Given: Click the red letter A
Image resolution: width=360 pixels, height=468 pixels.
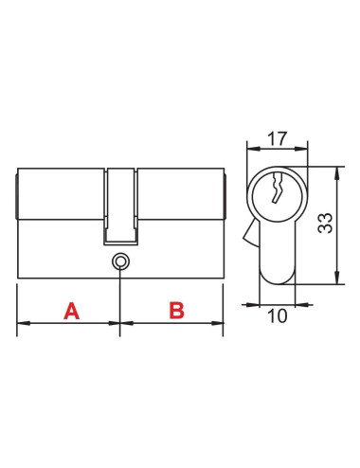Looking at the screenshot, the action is (72, 311).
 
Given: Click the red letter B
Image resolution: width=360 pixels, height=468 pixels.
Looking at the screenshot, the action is (176, 311).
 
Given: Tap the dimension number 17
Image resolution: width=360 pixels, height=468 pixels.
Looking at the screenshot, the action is (278, 138).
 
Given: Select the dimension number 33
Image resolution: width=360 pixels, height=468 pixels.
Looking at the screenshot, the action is (325, 223).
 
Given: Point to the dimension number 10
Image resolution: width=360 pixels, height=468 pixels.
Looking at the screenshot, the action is (278, 315).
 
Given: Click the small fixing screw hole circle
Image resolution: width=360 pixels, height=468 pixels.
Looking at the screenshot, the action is (120, 261).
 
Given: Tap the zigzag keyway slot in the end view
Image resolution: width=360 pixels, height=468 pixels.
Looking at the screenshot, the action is (277, 187).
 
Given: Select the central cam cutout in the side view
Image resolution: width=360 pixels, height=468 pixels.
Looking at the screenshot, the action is (120, 207).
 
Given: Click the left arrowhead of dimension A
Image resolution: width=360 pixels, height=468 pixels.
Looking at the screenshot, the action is (24, 323).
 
